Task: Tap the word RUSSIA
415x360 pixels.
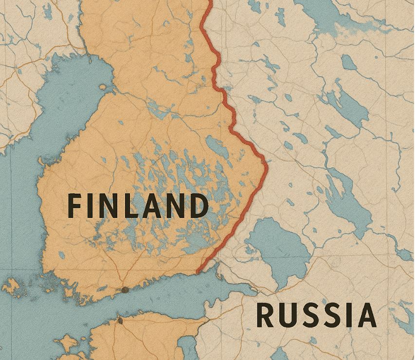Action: pos(316,315)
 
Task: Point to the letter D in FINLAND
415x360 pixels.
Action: pos(196,205)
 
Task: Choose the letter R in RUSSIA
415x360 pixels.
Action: pos(266,315)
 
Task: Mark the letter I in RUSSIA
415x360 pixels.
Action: pos(349,315)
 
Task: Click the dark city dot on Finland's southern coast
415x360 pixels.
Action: pos(125,290)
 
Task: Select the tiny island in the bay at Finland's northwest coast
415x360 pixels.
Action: pos(103,87)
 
